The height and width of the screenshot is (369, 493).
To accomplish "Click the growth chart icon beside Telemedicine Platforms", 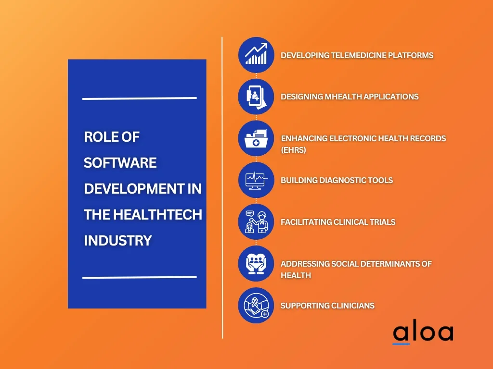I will click(x=256, y=55).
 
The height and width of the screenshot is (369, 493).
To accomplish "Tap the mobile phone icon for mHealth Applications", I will click(x=256, y=97).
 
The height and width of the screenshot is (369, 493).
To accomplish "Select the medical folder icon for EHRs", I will click(x=256, y=138).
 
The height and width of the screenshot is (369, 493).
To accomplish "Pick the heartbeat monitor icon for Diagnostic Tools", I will click(x=256, y=180).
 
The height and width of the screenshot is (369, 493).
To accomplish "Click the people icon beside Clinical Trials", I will click(x=256, y=222).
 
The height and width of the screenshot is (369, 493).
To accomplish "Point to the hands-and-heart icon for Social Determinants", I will click(x=256, y=264).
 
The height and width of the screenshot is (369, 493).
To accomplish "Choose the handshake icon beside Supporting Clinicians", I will click(x=256, y=306).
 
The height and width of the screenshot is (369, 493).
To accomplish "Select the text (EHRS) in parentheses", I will click(x=294, y=150).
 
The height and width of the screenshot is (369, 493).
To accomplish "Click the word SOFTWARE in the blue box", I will click(x=120, y=163).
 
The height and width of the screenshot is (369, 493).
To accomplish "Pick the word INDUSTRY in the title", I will click(x=118, y=240).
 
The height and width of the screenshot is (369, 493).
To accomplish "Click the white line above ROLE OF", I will click(x=139, y=98).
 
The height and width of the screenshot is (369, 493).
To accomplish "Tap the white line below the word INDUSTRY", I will click(x=139, y=277).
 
